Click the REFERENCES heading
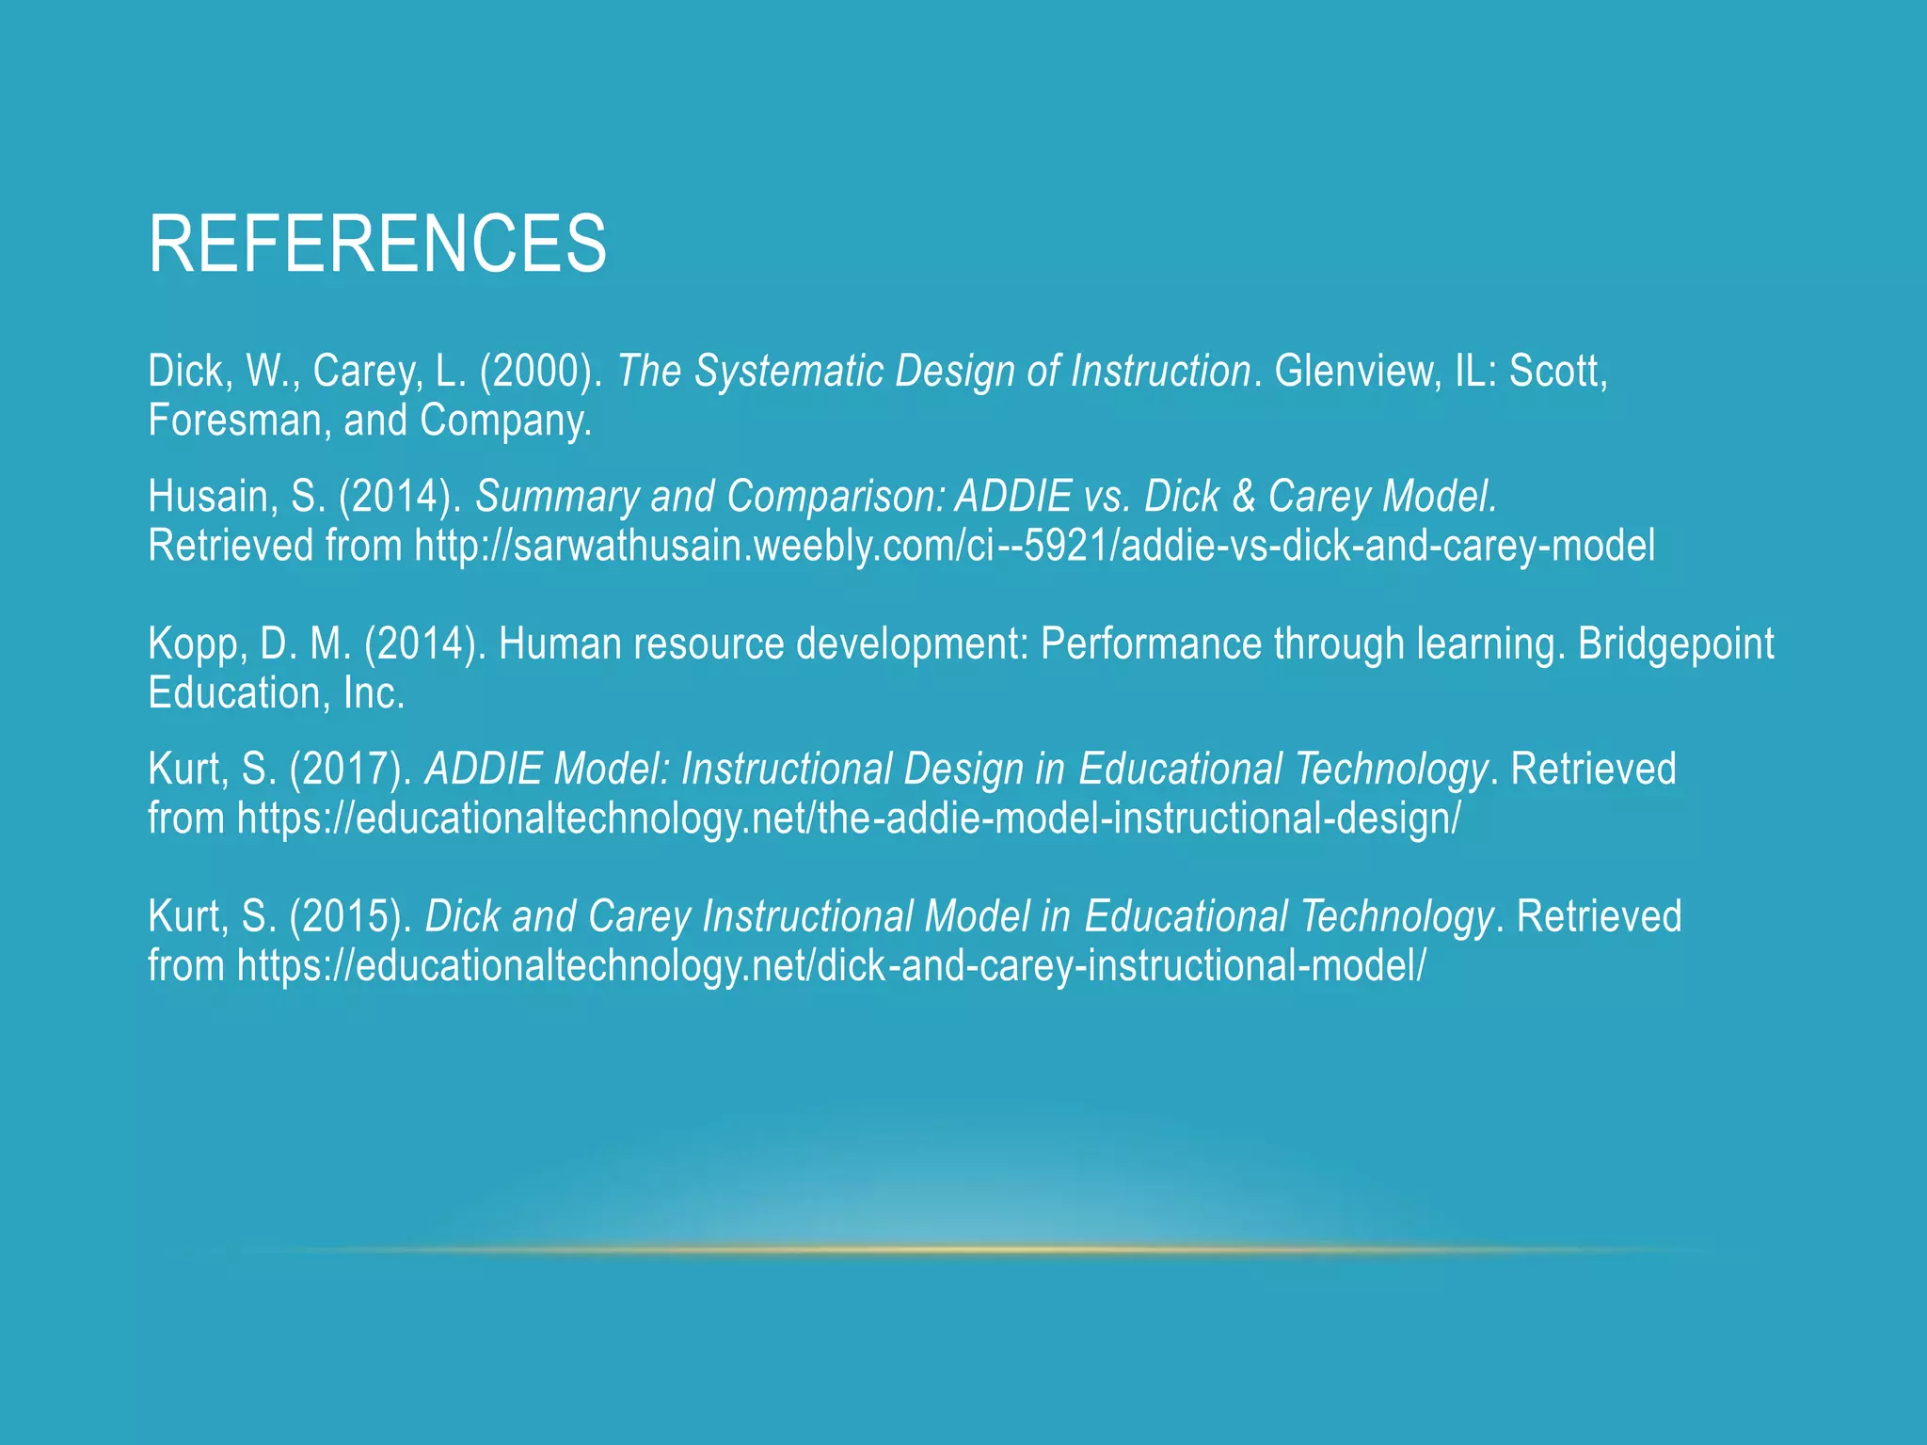377,245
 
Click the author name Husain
212,497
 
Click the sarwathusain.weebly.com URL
1034,546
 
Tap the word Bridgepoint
1676,644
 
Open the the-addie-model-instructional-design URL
849,818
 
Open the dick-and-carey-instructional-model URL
831,966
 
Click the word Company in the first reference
504,421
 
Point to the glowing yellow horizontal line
963,1250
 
